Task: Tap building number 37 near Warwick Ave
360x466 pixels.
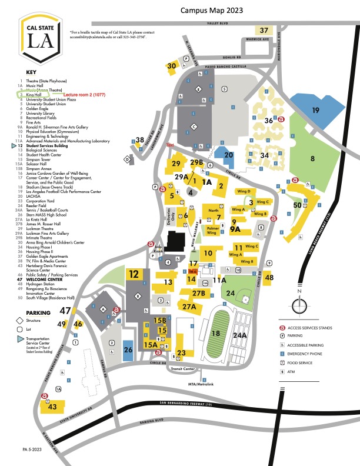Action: click(x=264, y=30)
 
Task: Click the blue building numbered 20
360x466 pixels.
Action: click(x=229, y=155)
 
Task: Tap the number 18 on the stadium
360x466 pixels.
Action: click(x=216, y=334)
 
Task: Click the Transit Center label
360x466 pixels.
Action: click(x=182, y=369)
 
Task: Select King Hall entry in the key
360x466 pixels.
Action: click(x=32, y=94)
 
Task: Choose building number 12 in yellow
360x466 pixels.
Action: click(x=134, y=274)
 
